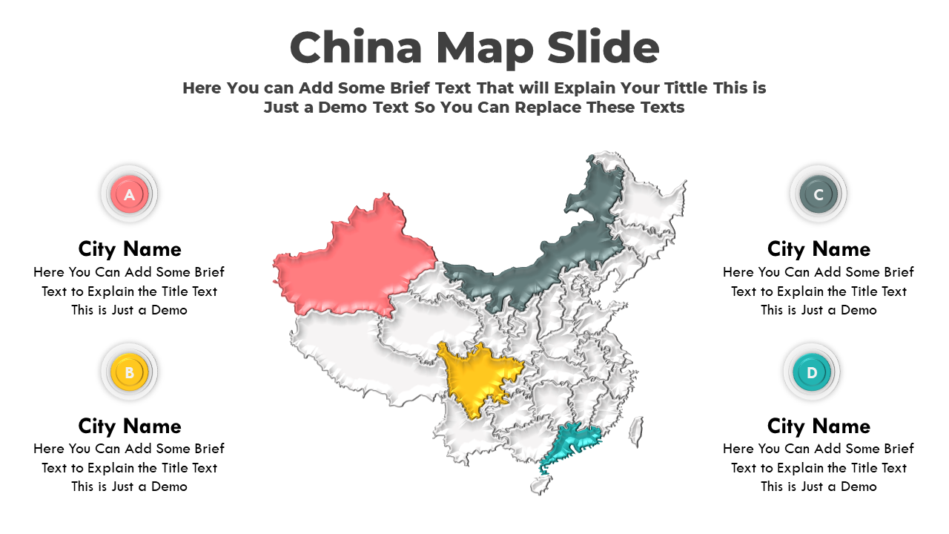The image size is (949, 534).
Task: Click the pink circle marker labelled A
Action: point(129,194)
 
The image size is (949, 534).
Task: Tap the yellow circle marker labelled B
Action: point(129,372)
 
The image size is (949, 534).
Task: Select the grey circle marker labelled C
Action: point(819,194)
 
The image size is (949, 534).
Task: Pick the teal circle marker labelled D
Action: point(812,372)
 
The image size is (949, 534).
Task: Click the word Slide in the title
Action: point(603,47)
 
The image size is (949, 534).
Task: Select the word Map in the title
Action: point(484,49)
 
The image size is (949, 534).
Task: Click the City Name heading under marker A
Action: point(130,248)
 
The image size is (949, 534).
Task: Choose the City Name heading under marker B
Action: point(130,426)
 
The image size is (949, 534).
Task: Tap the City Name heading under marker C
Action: point(819,248)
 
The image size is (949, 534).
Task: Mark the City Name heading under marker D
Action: point(819,426)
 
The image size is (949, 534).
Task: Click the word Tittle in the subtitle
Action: point(681,88)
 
